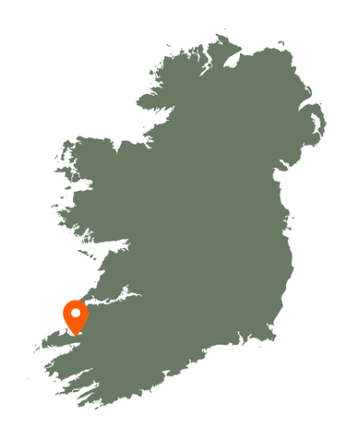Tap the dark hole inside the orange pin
pos(76,313)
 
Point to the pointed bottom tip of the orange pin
pos(76,335)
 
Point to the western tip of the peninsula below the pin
pos(36,348)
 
